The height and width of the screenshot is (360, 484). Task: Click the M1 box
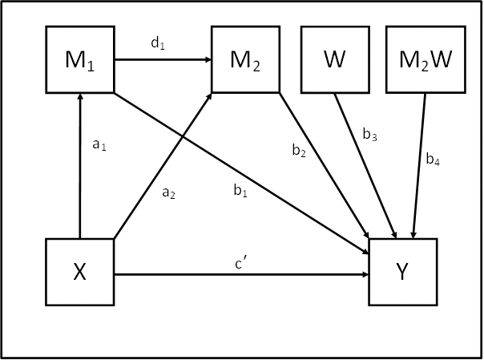(79, 59)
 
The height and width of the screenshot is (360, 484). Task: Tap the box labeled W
(334, 59)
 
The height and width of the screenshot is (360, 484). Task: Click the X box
(79, 273)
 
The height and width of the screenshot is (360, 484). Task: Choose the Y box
(403, 273)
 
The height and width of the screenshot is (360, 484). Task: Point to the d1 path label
(157, 44)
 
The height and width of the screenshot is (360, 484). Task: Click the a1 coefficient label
(99, 144)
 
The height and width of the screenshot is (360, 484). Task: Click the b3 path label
(369, 136)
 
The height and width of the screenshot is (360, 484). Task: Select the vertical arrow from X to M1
(79, 176)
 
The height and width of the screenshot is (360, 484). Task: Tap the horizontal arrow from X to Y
(240, 273)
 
